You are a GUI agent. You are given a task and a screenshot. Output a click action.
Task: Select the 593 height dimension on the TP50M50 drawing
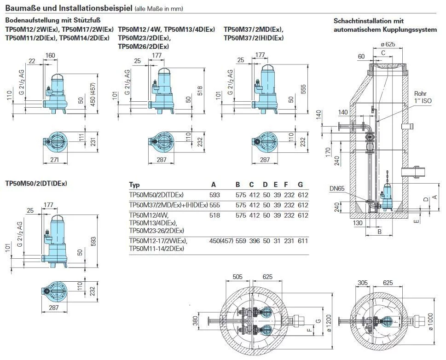pyautogui.click(x=93, y=242)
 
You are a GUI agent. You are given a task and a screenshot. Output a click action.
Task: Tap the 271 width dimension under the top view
pyautogui.click(x=54, y=160)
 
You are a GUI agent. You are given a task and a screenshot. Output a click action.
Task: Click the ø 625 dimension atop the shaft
pyautogui.click(x=388, y=44)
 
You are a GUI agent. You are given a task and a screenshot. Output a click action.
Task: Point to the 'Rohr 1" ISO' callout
pyautogui.click(x=423, y=97)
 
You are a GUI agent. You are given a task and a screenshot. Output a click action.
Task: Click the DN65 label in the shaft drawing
pyautogui.click(x=337, y=188)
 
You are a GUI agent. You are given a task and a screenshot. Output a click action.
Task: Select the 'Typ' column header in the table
pyautogui.click(x=134, y=185)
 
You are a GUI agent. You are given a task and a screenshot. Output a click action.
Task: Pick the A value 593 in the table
pyautogui.click(x=214, y=195)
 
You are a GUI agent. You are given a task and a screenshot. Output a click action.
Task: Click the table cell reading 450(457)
pyautogui.click(x=221, y=241)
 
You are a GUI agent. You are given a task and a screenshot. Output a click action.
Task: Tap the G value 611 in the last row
pyautogui.click(x=303, y=241)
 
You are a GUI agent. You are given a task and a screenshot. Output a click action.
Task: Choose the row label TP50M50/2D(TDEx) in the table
pyautogui.click(x=156, y=195)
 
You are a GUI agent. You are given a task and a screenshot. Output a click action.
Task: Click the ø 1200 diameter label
pyautogui.click(x=329, y=323)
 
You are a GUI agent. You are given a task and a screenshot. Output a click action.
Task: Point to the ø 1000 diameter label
pyautogui.click(x=430, y=322)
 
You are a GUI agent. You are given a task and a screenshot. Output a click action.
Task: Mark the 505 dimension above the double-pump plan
pyautogui.click(x=237, y=277)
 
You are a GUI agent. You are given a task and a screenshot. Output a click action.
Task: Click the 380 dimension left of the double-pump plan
pyautogui.click(x=195, y=321)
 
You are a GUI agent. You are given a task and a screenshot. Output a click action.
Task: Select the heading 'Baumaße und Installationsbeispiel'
pyautogui.click(x=69, y=8)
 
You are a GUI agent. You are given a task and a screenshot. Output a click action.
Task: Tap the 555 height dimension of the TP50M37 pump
pyautogui.click(x=303, y=89)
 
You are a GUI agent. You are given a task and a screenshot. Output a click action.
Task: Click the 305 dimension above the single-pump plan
pyautogui.click(x=363, y=283)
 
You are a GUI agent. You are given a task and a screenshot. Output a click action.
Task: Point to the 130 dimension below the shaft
pyautogui.click(x=358, y=223)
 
